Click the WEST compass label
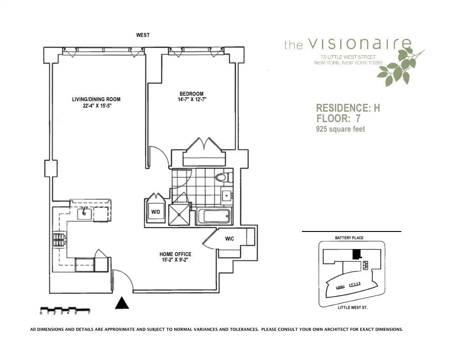[143, 35]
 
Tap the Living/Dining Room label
[96, 99]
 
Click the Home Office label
[175, 254]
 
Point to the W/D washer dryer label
[156, 212]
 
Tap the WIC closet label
[229, 239]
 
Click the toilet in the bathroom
[222, 177]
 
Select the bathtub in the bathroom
[214, 216]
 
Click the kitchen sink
[84, 213]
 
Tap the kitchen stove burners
[58, 239]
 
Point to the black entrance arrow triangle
[122, 303]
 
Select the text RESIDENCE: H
[348, 108]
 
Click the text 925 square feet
[340, 129]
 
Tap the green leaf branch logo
[400, 67]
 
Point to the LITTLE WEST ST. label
[353, 308]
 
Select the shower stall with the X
[179, 214]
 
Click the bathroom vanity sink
[227, 196]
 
